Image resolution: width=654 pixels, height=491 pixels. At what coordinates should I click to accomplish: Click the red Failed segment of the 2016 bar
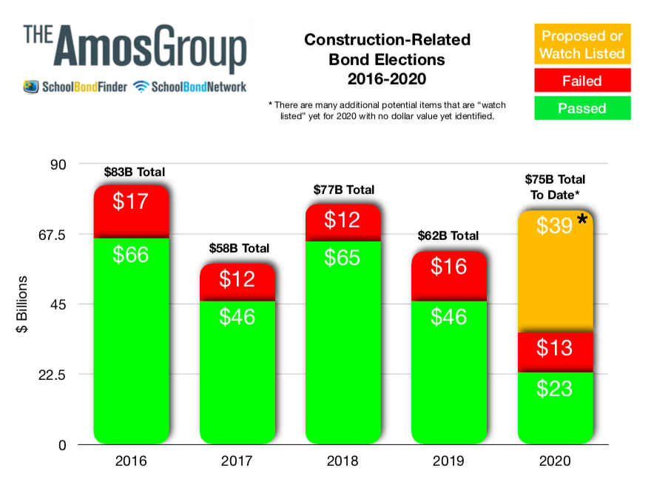[x=132, y=211]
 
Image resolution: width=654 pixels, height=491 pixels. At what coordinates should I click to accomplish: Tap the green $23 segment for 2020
[x=556, y=407]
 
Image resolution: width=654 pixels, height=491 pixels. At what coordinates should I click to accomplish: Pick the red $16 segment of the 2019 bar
[x=449, y=275]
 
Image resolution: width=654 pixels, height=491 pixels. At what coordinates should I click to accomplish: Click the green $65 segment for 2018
[x=343, y=341]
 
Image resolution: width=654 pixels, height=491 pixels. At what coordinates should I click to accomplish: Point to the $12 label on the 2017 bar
[x=237, y=278]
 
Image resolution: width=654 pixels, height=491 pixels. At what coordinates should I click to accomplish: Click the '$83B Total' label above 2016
[x=134, y=172]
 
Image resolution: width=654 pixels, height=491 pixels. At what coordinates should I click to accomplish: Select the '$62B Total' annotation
[x=448, y=236]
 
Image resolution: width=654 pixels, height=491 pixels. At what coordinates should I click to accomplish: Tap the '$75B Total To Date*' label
[x=555, y=186]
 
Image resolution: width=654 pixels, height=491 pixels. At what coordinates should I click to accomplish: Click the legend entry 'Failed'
[x=581, y=81]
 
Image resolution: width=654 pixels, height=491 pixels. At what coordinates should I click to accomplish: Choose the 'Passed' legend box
[x=581, y=108]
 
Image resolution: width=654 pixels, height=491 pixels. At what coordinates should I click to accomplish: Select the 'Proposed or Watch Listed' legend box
[x=581, y=44]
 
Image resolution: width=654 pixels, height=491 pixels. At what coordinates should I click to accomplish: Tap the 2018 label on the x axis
[x=343, y=461]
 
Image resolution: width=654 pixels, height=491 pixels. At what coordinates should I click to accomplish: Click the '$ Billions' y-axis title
[x=23, y=304]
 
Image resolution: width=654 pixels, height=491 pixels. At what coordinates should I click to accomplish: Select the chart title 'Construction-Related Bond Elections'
[x=387, y=49]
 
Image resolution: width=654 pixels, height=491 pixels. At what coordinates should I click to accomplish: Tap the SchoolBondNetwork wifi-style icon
[x=141, y=87]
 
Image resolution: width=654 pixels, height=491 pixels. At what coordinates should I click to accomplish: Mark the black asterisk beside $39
[x=582, y=220]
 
